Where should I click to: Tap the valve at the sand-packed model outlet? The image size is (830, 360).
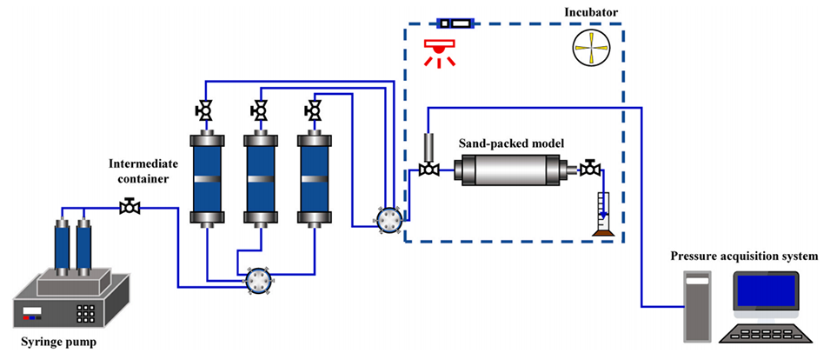592,168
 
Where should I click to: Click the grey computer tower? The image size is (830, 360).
697,305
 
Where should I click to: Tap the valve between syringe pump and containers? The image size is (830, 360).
130,207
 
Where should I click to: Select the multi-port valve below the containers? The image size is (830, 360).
257,279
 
